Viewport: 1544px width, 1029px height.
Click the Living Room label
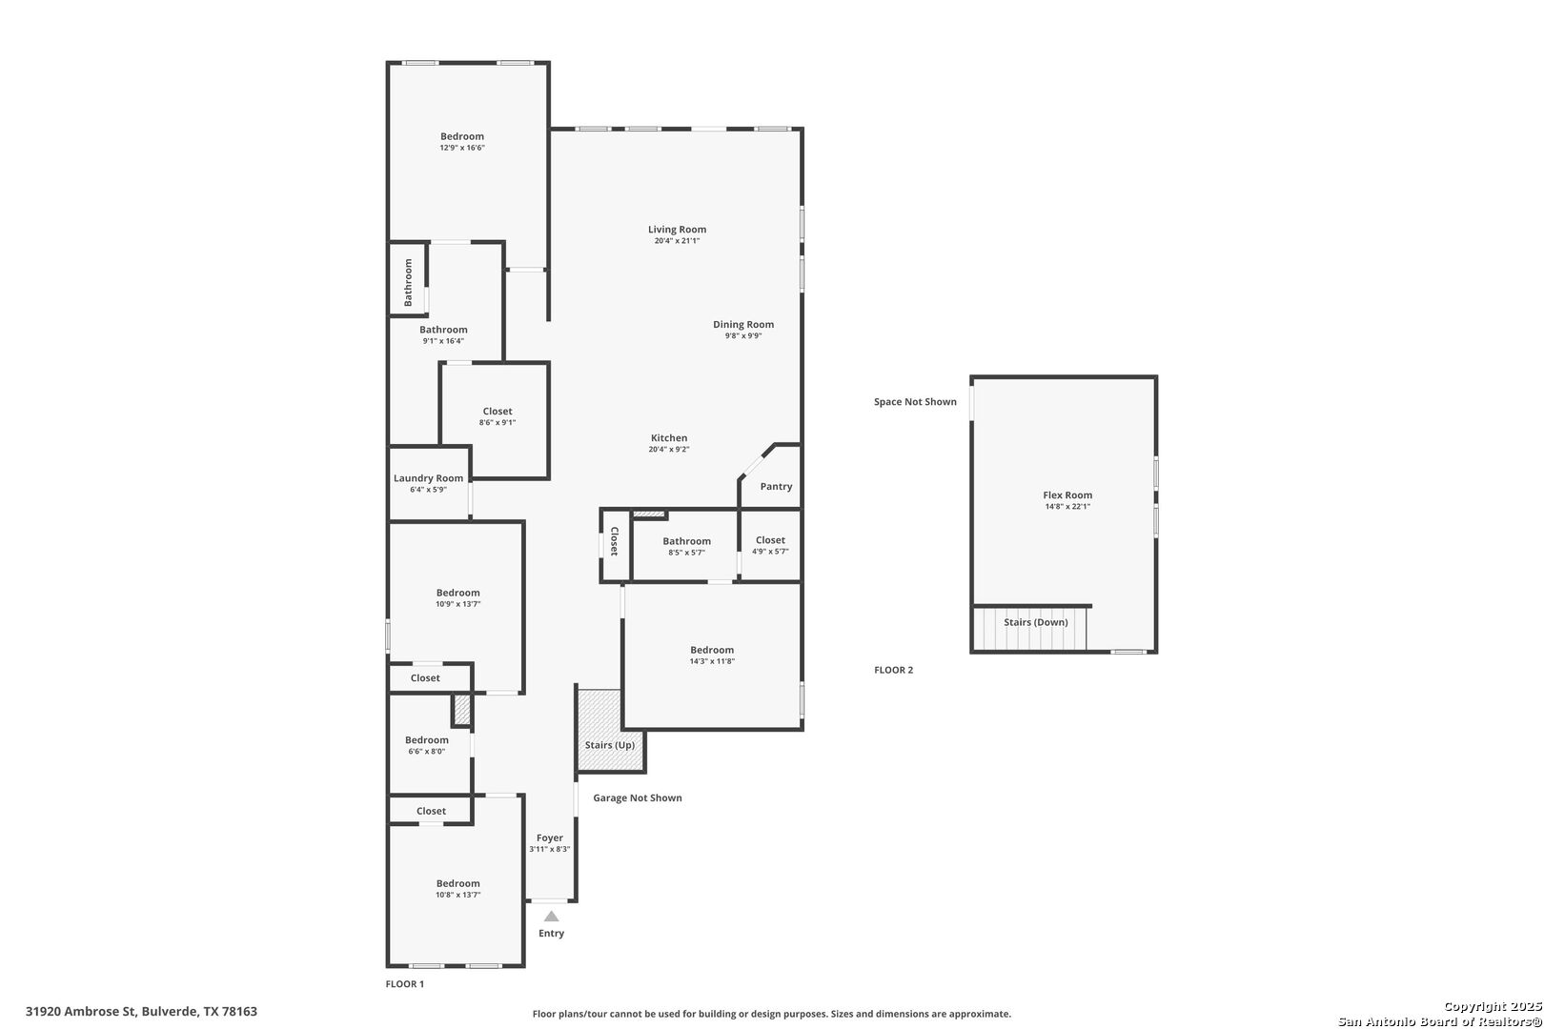click(x=677, y=230)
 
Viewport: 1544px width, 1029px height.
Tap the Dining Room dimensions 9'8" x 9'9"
click(x=743, y=335)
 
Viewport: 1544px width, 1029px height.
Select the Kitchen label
click(x=669, y=437)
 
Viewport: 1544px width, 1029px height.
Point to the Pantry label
click(x=776, y=487)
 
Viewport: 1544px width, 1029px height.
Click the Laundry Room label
click(x=428, y=478)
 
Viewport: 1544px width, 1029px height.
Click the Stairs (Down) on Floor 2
click(x=1029, y=627)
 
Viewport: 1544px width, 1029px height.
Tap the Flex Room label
click(x=1067, y=494)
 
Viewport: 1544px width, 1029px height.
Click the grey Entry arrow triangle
click(x=551, y=916)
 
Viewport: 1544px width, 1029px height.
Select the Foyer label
click(x=549, y=838)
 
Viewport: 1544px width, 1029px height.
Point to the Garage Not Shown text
click(x=638, y=798)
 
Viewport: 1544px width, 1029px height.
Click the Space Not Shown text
click(x=915, y=402)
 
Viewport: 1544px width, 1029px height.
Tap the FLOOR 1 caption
click(x=405, y=983)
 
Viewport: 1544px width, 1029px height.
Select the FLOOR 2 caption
click(x=893, y=670)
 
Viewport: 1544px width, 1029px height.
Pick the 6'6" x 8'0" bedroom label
click(x=427, y=740)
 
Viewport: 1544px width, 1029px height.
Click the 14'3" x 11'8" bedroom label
click(x=712, y=650)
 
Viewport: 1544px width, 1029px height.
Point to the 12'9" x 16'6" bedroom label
click(x=462, y=136)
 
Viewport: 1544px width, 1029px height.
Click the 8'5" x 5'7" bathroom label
click(x=686, y=542)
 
